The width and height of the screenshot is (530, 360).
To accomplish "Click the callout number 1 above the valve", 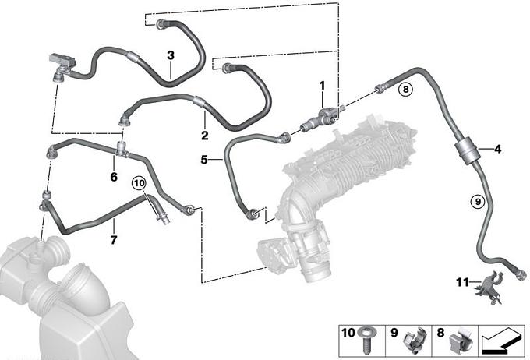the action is pos(322,86).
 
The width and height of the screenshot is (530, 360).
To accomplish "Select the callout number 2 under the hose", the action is pos(205,136).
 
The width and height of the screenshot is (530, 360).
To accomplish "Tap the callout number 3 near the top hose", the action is pos(171,55).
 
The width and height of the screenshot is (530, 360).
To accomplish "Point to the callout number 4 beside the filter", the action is pos(497,149).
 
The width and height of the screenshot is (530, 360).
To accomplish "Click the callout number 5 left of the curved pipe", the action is pos(204,159).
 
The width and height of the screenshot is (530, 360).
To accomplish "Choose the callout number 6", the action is pos(114,176).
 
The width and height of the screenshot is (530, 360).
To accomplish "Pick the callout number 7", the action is pos(114,240).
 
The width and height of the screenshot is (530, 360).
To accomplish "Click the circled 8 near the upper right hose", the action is pos(405,90).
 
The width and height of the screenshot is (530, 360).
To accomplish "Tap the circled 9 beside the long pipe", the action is pos(478,202).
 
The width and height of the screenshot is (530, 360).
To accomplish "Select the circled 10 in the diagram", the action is pos(139,184).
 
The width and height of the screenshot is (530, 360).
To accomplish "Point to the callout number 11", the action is pos(462,282).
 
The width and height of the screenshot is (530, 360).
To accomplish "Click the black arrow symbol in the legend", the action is pos(502,341).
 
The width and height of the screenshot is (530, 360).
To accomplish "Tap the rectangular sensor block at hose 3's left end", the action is pos(62,61).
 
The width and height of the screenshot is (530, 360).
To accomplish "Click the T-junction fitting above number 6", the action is pos(122,150).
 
